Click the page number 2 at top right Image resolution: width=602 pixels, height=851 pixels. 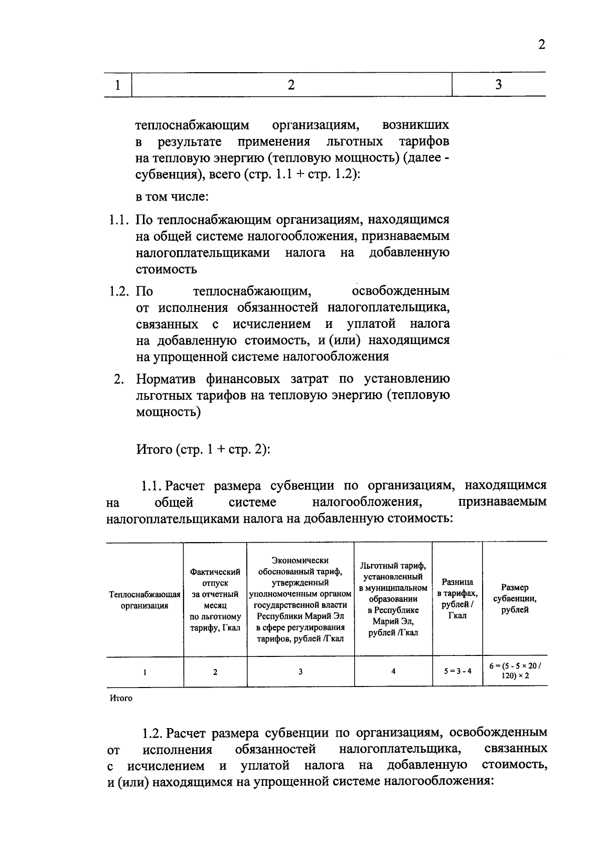click(541, 45)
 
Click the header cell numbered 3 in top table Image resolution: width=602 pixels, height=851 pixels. click(498, 85)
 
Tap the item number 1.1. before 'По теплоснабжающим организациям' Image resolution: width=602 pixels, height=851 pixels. click(120, 220)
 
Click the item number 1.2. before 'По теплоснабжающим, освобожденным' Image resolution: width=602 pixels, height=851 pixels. click(120, 291)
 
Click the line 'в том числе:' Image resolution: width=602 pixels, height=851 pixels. click(172, 197)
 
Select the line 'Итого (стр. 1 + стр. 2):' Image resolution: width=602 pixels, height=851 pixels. click(203, 449)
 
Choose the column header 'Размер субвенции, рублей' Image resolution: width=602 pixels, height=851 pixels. click(515, 599)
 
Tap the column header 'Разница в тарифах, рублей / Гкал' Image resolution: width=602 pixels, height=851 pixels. click(457, 599)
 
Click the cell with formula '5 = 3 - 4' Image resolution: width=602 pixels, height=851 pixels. click(457, 671)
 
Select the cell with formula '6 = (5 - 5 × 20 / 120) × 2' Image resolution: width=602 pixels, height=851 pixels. click(515, 671)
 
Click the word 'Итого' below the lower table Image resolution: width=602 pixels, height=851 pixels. click(121, 698)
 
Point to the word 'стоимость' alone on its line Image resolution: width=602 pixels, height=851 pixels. click(166, 269)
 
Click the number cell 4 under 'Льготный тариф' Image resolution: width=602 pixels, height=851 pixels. click(393, 671)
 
